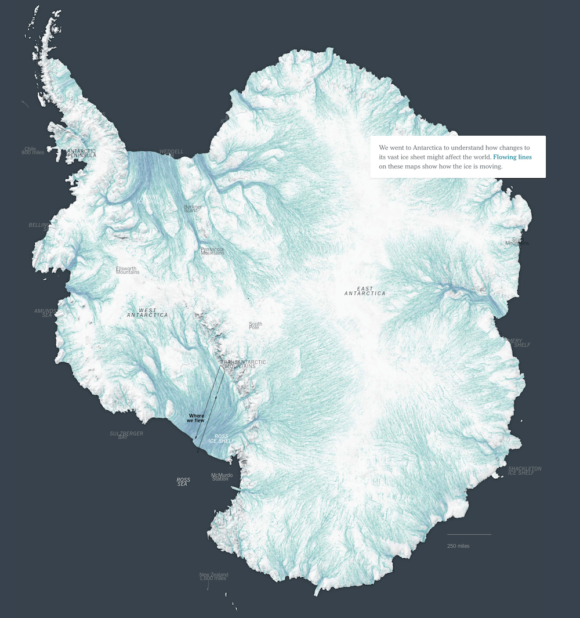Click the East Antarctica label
365,291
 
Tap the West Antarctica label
147,313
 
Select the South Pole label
255,326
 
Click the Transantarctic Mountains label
244,364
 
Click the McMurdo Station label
222,477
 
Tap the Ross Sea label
183,482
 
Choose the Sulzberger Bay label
126,435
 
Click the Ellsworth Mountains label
128,270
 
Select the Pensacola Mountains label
212,251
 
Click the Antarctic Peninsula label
81,153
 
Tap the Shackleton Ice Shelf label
524,471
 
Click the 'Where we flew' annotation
195,418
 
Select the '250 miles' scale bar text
458,546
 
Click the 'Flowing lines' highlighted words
512,157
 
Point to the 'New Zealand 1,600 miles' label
213,577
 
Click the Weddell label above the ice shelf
171,152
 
